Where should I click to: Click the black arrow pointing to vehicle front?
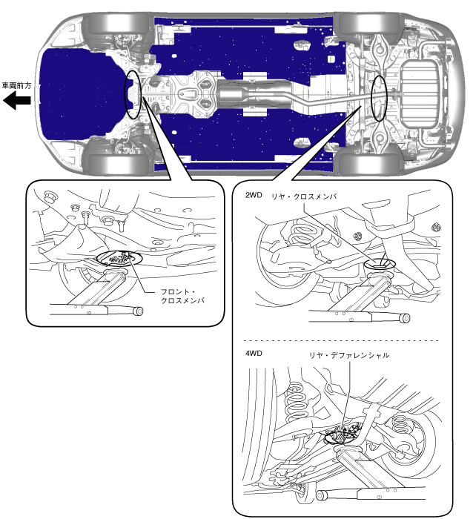point(16,101)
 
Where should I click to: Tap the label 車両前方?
point(16,85)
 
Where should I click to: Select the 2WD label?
point(254,195)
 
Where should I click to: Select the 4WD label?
point(254,353)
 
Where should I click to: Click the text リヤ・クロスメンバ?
point(304,196)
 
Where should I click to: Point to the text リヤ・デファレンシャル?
point(349,355)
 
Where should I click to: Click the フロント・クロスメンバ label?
point(182,297)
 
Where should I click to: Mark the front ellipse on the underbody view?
point(133,94)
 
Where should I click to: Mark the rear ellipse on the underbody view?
point(380,98)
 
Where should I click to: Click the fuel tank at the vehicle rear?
point(420,95)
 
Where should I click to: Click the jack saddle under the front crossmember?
point(116,273)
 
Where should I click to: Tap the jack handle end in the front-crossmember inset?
point(139,311)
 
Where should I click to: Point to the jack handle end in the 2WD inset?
point(405,318)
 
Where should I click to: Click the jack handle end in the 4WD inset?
point(321,495)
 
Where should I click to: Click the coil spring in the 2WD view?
point(302,235)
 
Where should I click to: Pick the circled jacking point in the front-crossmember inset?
point(119,258)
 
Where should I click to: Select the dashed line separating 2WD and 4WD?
point(341,340)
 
